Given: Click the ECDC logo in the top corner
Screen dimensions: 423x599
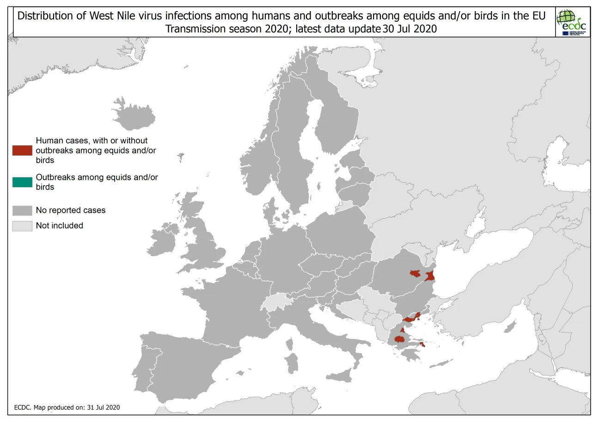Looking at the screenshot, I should pyautogui.click(x=572, y=22).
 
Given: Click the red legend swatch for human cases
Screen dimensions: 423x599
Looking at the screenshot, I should pyautogui.click(x=22, y=150).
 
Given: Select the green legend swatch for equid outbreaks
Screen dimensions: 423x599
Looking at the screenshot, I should pyautogui.click(x=22, y=182).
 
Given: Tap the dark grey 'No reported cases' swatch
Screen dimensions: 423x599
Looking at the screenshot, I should pyautogui.click(x=22, y=210).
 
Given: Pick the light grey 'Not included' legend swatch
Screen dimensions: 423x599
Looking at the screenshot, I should pyautogui.click(x=22, y=226).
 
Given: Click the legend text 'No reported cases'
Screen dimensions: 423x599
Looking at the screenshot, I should pyautogui.click(x=71, y=210).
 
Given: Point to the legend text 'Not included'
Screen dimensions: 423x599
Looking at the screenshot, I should pyautogui.click(x=60, y=226).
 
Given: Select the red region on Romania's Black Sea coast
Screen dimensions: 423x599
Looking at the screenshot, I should pyautogui.click(x=430, y=276).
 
